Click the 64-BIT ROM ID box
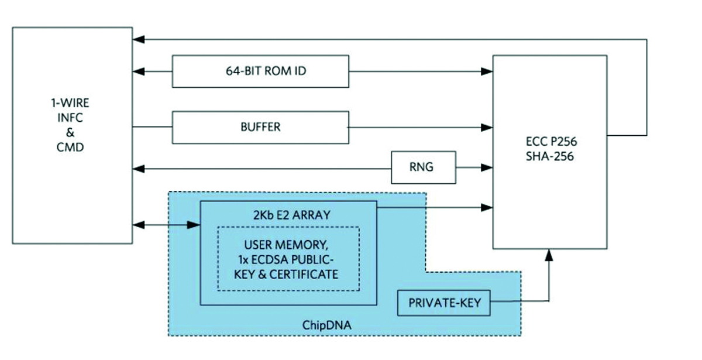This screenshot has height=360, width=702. tap(260, 71)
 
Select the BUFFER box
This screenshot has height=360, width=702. tap(260, 127)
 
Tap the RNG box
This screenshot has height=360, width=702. tap(422, 167)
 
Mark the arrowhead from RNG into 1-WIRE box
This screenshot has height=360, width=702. tap(138, 169)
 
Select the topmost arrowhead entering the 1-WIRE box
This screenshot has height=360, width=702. tap(138, 40)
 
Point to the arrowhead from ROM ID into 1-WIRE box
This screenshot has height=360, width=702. tap(138, 71)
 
